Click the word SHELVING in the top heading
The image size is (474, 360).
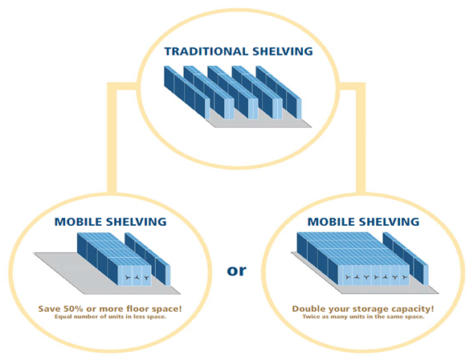[x=283, y=51]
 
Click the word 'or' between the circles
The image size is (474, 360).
[x=237, y=271]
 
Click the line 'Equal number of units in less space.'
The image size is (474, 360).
[x=110, y=317]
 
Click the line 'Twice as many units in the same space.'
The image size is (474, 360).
[x=363, y=317]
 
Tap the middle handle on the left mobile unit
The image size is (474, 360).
[x=137, y=277]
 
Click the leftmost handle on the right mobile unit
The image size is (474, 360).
[x=348, y=277]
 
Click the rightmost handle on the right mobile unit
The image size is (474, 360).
[x=404, y=277]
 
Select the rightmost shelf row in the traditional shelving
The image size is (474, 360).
[x=279, y=92]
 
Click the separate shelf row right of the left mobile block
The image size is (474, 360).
[x=148, y=259]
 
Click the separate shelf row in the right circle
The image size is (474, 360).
[x=406, y=259]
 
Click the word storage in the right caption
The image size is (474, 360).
[x=370, y=309]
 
